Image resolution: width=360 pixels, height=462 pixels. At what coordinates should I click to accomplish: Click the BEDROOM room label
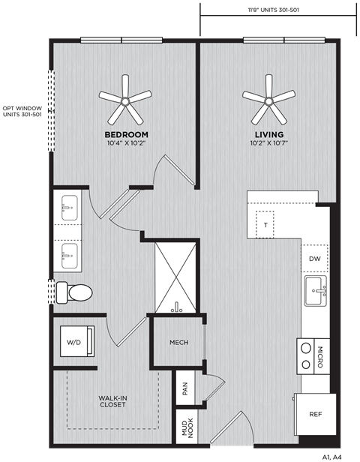(x=126, y=134)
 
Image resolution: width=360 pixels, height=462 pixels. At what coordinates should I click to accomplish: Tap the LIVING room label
(x=268, y=134)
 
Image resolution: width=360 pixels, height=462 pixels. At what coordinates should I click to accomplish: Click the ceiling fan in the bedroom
(x=124, y=99)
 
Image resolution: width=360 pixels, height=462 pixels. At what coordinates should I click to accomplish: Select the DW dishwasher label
(x=314, y=259)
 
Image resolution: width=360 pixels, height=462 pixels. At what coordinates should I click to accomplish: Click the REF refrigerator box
(x=315, y=414)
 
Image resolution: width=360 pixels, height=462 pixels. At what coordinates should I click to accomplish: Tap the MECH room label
(x=178, y=343)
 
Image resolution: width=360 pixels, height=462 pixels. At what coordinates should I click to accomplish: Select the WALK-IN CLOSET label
(x=112, y=401)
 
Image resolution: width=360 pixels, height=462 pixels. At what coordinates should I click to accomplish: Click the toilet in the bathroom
(x=75, y=291)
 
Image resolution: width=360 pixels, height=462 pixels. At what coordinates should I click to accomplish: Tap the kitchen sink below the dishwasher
(x=314, y=290)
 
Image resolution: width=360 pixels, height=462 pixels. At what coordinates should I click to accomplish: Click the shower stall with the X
(x=177, y=277)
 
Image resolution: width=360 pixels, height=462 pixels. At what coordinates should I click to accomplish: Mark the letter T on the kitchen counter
(x=265, y=223)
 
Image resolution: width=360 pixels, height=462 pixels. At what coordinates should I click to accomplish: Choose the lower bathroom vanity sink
(x=69, y=255)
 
